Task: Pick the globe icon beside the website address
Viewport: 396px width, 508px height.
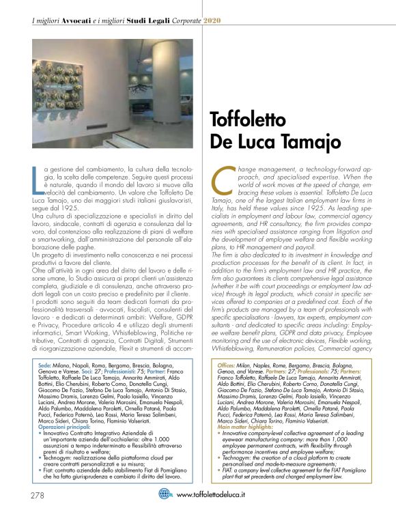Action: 167,494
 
